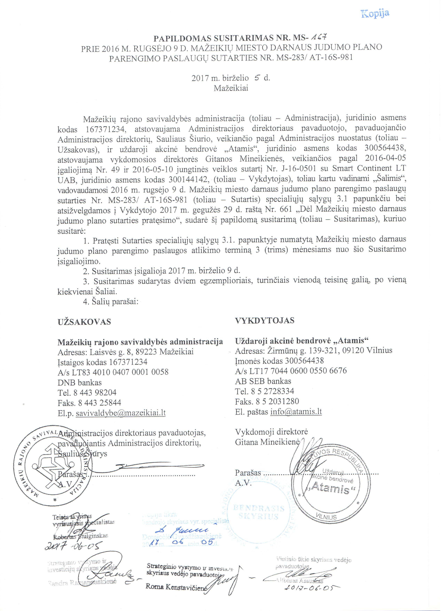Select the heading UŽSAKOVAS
(84, 322)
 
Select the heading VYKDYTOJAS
(265, 321)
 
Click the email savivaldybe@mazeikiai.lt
(121, 413)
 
